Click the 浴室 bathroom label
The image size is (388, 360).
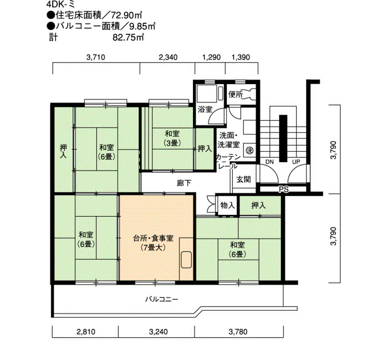click(x=205, y=109)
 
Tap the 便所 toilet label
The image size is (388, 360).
click(x=236, y=95)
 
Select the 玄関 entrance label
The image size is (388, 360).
click(x=244, y=179)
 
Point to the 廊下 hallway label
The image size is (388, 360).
click(x=184, y=183)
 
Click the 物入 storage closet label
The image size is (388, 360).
click(x=227, y=205)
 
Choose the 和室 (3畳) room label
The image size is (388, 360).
click(x=172, y=138)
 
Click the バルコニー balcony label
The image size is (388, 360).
click(x=162, y=300)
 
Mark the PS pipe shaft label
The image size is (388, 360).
click(x=284, y=189)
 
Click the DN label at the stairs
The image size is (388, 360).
click(x=269, y=162)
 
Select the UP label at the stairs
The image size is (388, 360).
click(x=296, y=162)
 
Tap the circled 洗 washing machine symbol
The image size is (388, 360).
click(x=249, y=150)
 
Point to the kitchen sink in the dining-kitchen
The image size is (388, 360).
click(x=186, y=260)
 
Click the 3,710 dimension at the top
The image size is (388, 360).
click(x=96, y=58)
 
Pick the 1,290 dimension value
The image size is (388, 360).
click(x=211, y=58)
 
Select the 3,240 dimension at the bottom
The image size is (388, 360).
click(x=159, y=332)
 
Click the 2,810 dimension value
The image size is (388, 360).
click(x=86, y=332)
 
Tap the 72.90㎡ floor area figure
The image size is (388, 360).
click(x=127, y=16)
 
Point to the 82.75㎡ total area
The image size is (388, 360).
click(x=129, y=38)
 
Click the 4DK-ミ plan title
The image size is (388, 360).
click(x=60, y=4)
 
